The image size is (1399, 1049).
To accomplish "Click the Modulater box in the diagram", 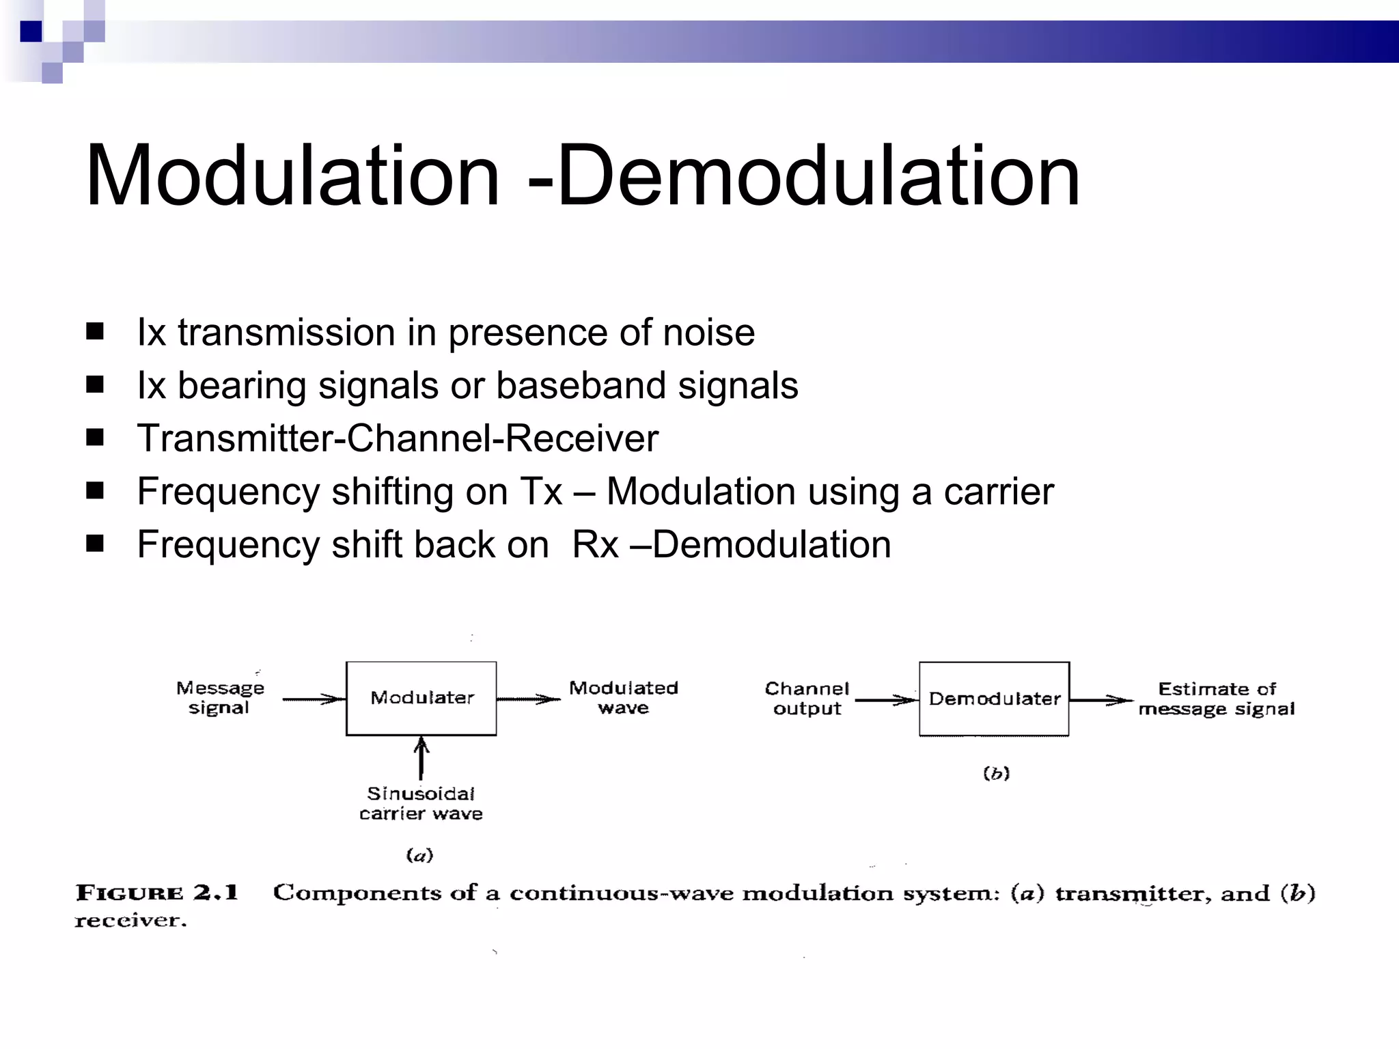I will [421, 698].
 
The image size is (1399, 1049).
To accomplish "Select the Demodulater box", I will [994, 699].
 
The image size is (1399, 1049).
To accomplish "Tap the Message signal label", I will [220, 697].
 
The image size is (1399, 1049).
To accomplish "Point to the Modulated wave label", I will [623, 697].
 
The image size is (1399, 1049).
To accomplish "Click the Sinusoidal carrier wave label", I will [421, 803].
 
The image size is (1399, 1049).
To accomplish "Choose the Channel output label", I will [807, 698].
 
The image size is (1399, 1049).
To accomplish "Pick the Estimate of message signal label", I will [1217, 699].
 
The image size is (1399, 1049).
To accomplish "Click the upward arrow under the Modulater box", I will [421, 757].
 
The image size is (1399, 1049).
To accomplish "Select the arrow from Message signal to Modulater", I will [314, 699].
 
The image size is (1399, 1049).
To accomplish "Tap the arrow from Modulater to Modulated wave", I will [528, 699].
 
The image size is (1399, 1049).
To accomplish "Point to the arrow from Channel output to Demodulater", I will [886, 700].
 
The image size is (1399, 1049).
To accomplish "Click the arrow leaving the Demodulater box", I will [1100, 700].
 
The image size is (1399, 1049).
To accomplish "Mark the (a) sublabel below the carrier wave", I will [419, 855].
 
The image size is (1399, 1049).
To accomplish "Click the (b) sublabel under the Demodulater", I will [996, 773].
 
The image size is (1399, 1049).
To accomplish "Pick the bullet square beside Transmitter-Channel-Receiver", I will [95, 437].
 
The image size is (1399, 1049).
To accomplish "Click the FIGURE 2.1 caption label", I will [157, 893].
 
